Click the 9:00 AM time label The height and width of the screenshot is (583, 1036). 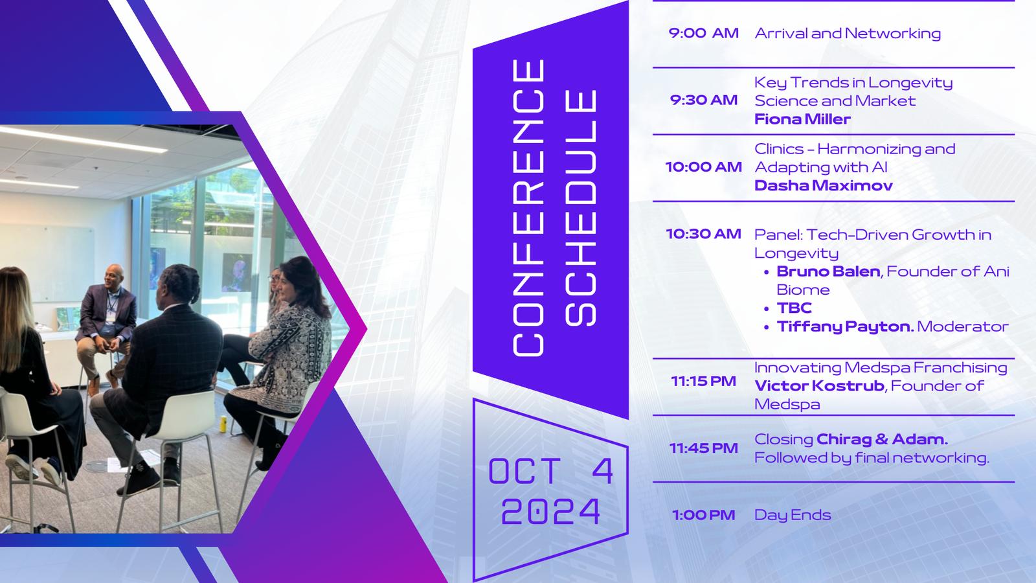[x=703, y=33]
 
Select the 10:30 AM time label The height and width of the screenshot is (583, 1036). [x=703, y=234]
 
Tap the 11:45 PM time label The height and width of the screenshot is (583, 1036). [x=703, y=448]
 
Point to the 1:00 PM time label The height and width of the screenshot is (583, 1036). [x=703, y=515]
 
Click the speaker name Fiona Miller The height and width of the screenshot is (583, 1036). [x=802, y=119]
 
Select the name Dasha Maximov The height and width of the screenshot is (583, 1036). [x=823, y=185]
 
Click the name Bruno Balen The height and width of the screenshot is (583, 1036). [x=828, y=271]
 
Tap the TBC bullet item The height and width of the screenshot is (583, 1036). [x=794, y=308]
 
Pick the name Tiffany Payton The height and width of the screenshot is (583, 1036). [x=846, y=326]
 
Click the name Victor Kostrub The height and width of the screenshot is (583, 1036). [x=820, y=385]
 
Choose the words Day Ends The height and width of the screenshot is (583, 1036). [x=793, y=515]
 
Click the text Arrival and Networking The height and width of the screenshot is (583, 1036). [x=848, y=33]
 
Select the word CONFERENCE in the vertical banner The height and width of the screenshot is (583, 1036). [x=528, y=208]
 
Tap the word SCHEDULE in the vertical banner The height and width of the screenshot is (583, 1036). [x=581, y=208]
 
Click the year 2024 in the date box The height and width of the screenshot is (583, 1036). [x=551, y=511]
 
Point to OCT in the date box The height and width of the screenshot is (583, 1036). [x=524, y=471]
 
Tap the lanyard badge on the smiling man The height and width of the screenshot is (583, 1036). [x=110, y=316]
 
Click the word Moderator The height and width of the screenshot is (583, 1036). [x=962, y=326]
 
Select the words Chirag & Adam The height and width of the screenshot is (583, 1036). [x=882, y=439]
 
